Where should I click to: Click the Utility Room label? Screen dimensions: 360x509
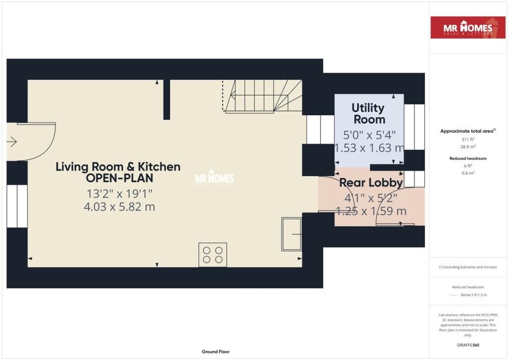tap(368, 114)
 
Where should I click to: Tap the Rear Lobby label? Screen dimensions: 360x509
tap(371, 183)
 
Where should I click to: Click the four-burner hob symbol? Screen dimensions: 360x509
tap(213, 255)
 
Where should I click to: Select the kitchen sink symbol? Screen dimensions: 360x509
tap(291, 234)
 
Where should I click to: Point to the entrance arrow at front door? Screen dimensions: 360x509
tap(11, 142)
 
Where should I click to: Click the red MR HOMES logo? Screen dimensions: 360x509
tap(468, 28)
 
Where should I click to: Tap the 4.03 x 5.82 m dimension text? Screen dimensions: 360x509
tap(119, 206)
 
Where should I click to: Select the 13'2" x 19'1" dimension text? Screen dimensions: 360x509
tap(119, 193)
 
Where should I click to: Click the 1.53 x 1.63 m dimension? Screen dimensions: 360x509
tap(369, 148)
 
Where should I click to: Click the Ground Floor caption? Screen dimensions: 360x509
tap(215, 352)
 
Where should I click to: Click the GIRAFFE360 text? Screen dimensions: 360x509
tap(468, 345)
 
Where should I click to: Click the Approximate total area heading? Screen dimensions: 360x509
tap(467, 131)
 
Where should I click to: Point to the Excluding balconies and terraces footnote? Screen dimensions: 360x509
tap(468, 267)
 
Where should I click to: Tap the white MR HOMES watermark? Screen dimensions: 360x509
tap(214, 179)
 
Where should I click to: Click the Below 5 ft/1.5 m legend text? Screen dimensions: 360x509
tap(473, 295)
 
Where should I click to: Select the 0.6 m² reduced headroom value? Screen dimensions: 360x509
tap(468, 173)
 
